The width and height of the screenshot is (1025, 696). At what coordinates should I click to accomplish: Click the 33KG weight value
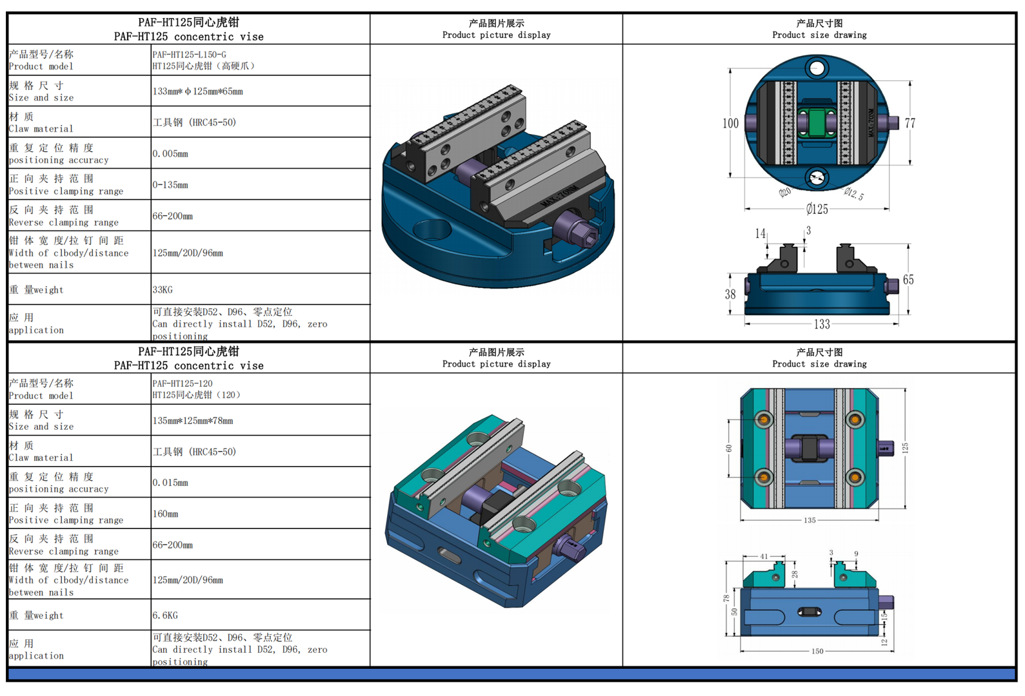[163, 290]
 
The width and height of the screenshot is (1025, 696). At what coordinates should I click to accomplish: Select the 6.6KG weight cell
[165, 615]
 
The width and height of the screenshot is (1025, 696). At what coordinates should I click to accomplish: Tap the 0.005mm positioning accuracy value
[170, 154]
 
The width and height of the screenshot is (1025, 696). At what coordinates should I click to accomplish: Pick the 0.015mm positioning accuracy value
[170, 483]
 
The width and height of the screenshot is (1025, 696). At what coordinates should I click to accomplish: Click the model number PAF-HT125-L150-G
[190, 55]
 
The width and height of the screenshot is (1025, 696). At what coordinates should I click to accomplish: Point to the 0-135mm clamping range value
[170, 185]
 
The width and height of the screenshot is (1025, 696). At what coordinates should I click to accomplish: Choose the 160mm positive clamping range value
[165, 514]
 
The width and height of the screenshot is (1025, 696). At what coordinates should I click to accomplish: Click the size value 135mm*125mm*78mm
[193, 421]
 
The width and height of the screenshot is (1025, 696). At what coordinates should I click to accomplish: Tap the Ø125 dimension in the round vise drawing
[817, 209]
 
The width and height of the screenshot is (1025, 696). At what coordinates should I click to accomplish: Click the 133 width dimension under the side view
[821, 324]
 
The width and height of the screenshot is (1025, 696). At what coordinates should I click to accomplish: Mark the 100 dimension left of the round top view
[730, 123]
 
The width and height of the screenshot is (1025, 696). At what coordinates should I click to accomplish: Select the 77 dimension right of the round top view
[910, 123]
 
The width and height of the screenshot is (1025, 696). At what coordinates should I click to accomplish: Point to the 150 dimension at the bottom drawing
[817, 651]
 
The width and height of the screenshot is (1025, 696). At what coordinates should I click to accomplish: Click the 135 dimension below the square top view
[810, 520]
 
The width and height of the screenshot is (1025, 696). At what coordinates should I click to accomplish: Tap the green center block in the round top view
[817, 122]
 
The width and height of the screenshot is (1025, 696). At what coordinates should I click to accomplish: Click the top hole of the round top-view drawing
[817, 67]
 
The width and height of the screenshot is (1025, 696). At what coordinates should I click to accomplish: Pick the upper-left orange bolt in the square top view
[764, 420]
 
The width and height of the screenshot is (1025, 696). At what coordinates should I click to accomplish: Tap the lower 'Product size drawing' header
[819, 358]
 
